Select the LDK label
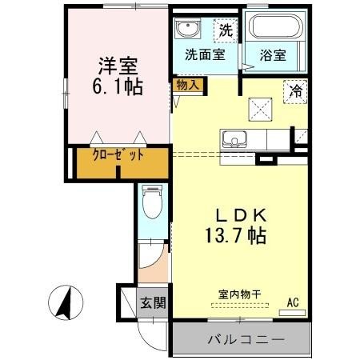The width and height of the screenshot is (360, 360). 233,214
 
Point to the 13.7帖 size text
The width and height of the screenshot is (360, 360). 233,237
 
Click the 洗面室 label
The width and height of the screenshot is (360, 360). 204,56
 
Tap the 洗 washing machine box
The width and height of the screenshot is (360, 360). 226,32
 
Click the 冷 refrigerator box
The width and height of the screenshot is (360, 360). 294,93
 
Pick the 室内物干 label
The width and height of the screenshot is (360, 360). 234,294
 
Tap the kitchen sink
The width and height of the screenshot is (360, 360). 234,140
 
